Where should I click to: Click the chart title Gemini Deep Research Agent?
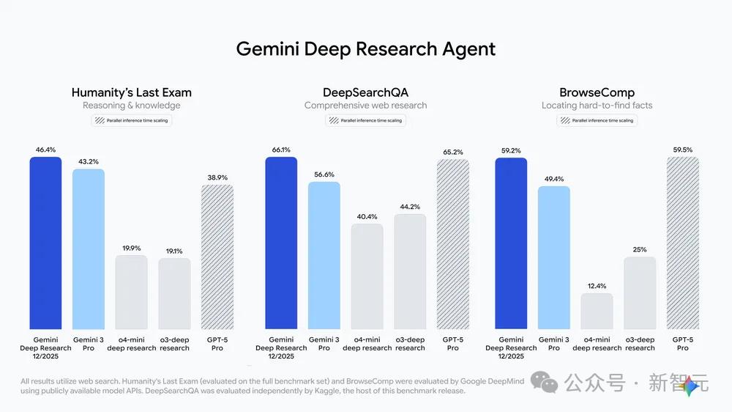point(365,49)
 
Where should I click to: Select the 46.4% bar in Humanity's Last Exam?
point(45,243)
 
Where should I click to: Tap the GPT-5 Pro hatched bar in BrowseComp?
point(682,243)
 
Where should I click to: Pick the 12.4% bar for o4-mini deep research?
point(597,311)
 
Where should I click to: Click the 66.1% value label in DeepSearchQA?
point(281,150)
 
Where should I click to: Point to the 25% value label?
point(640,249)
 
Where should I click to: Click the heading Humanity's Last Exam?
point(132,92)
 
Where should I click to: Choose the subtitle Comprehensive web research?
point(365,106)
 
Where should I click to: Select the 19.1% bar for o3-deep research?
point(174,293)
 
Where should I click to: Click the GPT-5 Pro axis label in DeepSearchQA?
point(452,344)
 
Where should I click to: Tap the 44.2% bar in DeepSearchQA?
point(409,271)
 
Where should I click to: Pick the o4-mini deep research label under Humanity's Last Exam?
point(132,344)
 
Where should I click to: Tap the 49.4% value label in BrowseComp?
point(554,178)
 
